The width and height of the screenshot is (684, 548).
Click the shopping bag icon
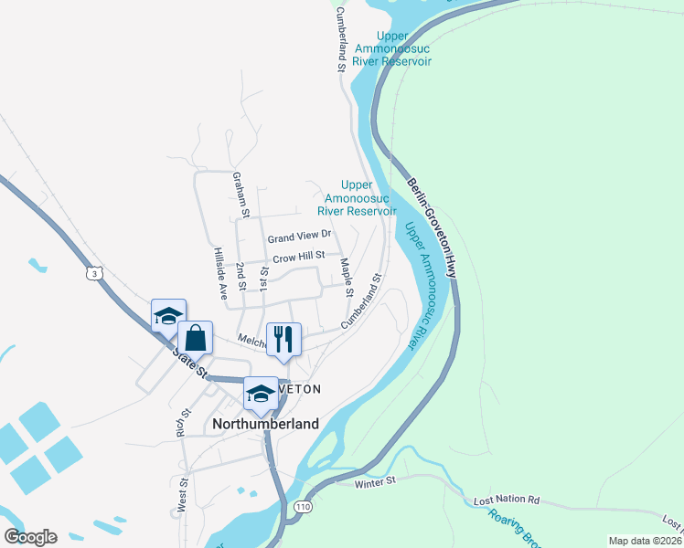(x=196, y=338)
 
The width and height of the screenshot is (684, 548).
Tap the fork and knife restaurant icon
(x=283, y=339)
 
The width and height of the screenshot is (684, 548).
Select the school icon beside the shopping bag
(x=168, y=316)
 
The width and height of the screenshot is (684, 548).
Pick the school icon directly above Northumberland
(x=261, y=394)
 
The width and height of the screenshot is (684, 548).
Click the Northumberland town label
(x=265, y=424)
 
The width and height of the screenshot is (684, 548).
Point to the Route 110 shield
(x=303, y=506)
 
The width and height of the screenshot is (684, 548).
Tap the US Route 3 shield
(x=94, y=272)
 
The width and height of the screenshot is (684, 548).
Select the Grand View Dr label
(x=298, y=237)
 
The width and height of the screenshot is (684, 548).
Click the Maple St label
(x=347, y=278)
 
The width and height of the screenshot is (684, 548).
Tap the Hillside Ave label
(x=220, y=273)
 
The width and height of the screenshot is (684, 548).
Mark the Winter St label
(x=377, y=480)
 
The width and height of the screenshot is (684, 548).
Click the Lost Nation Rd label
(x=507, y=501)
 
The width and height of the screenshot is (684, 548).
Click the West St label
(x=183, y=494)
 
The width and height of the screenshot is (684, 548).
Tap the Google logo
(x=30, y=536)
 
